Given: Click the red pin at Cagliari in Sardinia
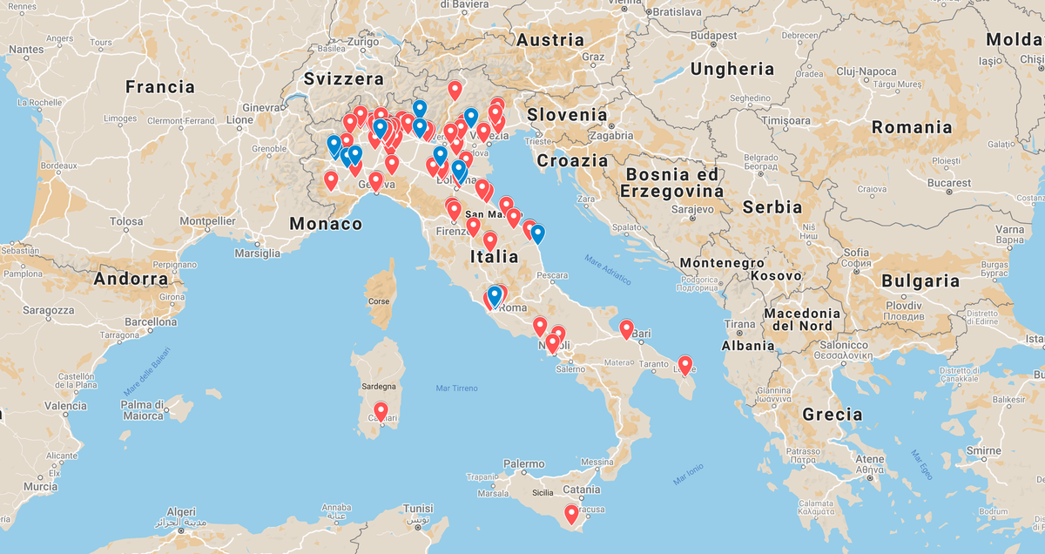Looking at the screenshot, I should [x=381, y=411].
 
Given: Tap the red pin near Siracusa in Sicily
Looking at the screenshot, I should [x=571, y=514].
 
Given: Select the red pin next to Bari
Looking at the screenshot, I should [x=626, y=329].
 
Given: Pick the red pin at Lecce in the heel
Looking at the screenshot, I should [x=685, y=365].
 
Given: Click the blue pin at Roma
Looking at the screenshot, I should [x=495, y=295].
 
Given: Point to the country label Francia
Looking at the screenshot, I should [x=160, y=86].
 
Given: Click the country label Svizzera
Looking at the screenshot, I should [x=344, y=78].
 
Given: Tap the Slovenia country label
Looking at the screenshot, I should [x=567, y=114].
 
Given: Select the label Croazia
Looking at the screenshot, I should [x=572, y=160].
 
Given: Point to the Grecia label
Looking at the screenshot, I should [x=833, y=414].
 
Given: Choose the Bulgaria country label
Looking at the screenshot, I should [x=920, y=280].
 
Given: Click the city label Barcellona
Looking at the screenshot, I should [x=151, y=321].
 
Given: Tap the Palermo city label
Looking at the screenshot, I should [x=523, y=464].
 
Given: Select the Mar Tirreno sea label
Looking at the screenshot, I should [x=456, y=388].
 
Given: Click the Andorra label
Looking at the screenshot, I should [x=131, y=280].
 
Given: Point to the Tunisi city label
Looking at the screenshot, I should [x=418, y=509].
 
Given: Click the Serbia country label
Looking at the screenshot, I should [x=772, y=207].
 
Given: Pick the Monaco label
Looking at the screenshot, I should [x=327, y=224].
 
